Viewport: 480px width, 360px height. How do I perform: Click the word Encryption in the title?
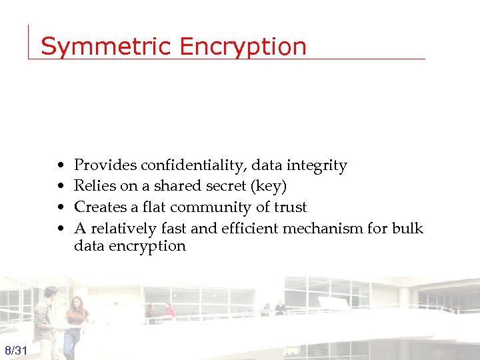[244, 47]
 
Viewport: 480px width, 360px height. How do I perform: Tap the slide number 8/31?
[15, 351]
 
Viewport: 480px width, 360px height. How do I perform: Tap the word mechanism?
[325, 229]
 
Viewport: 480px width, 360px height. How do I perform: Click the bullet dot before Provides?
[61, 166]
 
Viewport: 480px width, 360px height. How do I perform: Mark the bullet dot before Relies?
[61, 187]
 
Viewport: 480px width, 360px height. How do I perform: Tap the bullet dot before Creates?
[61, 208]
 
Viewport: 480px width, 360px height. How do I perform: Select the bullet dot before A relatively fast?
[61, 229]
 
